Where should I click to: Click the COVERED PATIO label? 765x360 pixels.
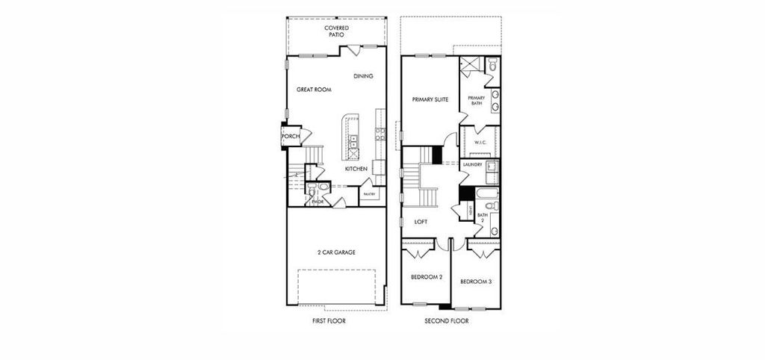coord(336,31)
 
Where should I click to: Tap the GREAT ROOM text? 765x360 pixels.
coord(314,90)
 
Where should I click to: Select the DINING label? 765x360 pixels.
coord(363,76)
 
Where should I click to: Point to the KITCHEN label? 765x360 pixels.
coord(356,170)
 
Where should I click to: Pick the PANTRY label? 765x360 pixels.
coord(369,194)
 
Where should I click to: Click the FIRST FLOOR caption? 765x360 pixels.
coord(329,321)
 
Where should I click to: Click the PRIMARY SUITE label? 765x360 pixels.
coord(430,99)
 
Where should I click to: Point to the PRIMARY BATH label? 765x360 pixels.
coord(476,102)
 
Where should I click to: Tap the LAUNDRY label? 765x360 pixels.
coord(472,164)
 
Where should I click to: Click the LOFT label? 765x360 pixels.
coord(421,222)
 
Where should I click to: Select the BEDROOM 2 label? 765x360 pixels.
coord(427,277)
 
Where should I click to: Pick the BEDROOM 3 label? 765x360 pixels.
coord(475,282)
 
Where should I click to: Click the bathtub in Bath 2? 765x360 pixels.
coord(486,193)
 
